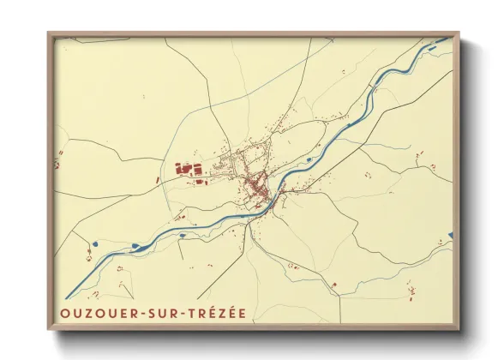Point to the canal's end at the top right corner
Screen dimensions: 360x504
click(448, 39)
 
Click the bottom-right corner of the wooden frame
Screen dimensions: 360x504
click(459, 329)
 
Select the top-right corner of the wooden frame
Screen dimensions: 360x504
click(459, 33)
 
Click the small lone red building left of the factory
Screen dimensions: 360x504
click(158, 180)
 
